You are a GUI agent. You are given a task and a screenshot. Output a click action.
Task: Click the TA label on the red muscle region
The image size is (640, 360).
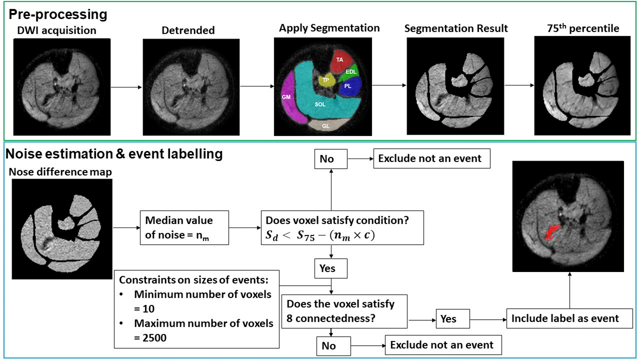pyautogui.click(x=339, y=60)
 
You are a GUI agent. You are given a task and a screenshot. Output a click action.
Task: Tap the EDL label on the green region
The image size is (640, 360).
pyautogui.click(x=351, y=72)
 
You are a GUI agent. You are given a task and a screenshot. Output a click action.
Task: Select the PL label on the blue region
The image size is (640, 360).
pyautogui.click(x=348, y=86)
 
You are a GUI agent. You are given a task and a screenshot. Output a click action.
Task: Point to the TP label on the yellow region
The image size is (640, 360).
pyautogui.click(x=326, y=80)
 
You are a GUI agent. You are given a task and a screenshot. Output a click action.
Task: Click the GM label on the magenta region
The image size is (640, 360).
pyautogui.click(x=286, y=97)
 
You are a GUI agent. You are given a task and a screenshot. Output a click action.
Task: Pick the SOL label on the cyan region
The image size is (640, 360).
pyautogui.click(x=320, y=104)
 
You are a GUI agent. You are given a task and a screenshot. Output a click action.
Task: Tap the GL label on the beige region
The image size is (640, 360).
pyautogui.click(x=326, y=126)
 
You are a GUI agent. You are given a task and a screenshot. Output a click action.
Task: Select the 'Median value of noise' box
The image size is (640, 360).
pyautogui.click(x=184, y=228)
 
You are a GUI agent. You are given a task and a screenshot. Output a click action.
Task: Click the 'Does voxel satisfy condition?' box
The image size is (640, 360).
pyautogui.click(x=342, y=228)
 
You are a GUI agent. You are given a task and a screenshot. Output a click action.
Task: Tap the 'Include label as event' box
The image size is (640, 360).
pyautogui.click(x=569, y=318)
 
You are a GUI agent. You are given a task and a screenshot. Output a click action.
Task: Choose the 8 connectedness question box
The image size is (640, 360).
pyautogui.click(x=344, y=311)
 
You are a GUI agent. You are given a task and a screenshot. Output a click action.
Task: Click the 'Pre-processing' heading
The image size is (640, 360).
pyautogui.click(x=58, y=14)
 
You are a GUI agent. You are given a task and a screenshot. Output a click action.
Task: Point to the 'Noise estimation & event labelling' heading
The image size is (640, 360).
pyautogui.click(x=114, y=154)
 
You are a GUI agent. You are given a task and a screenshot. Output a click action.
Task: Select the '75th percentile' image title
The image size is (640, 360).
pyautogui.click(x=583, y=28)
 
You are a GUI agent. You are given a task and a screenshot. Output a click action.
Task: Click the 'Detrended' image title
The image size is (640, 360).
pyautogui.click(x=188, y=30)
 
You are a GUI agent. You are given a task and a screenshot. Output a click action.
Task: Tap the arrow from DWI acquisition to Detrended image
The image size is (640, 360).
pyautogui.click(x=126, y=87)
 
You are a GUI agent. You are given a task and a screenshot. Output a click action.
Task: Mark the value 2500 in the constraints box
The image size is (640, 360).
pyautogui.click(x=154, y=338)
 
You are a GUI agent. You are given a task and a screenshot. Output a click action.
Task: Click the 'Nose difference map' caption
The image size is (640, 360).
pyautogui.click(x=60, y=172)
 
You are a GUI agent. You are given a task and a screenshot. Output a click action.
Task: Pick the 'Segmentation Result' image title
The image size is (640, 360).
pyautogui.click(x=456, y=28)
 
